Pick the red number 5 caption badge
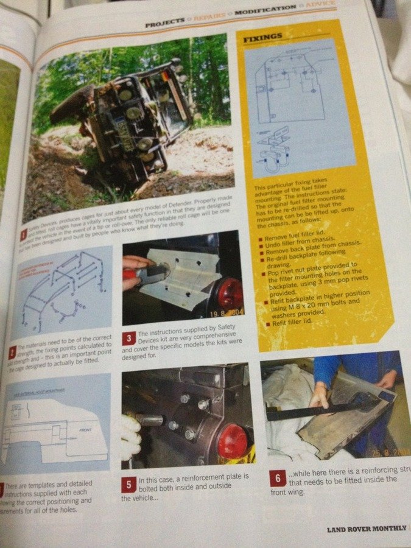(128, 485)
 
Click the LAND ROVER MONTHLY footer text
(365, 529)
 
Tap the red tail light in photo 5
(232, 441)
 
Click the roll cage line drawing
(61, 286)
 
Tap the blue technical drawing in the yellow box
(299, 104)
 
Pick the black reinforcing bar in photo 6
(317, 410)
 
